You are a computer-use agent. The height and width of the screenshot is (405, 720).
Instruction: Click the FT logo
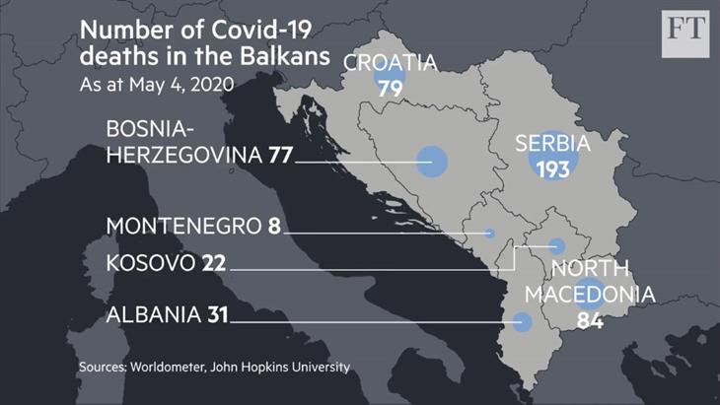click(x=685, y=30)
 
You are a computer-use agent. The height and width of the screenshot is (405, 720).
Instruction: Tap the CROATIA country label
click(x=390, y=63)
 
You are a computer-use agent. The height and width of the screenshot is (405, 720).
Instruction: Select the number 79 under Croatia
click(x=390, y=88)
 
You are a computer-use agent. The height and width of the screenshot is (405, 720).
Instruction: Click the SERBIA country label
click(x=552, y=144)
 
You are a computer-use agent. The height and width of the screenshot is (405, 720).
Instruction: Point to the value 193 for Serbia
click(x=553, y=169)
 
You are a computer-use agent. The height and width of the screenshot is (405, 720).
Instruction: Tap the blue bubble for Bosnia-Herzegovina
click(x=431, y=161)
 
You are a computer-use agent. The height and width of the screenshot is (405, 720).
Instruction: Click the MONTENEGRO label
click(x=183, y=226)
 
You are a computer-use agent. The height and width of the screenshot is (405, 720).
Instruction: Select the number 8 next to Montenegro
click(x=273, y=226)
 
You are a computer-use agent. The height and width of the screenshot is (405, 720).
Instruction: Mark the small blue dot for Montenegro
click(x=490, y=233)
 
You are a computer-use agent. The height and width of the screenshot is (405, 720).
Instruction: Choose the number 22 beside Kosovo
click(x=214, y=264)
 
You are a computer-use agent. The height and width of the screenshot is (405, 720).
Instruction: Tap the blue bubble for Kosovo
click(x=557, y=246)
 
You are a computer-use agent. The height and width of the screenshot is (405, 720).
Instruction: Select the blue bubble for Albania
click(x=523, y=321)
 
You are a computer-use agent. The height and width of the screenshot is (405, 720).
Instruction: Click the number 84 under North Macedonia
click(x=589, y=320)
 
